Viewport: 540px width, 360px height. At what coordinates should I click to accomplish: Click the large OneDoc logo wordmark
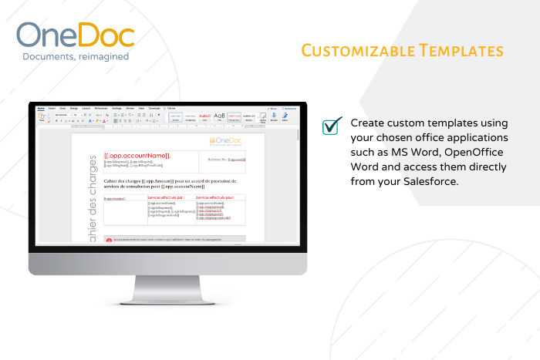75,35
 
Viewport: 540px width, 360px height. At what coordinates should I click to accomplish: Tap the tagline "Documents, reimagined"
75,56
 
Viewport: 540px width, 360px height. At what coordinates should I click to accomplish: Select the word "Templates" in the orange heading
461,51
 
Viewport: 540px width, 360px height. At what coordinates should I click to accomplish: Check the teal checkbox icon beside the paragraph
332,126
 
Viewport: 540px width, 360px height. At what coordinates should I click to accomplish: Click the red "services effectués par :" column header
169,198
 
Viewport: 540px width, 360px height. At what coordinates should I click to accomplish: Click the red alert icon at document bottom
109,240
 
